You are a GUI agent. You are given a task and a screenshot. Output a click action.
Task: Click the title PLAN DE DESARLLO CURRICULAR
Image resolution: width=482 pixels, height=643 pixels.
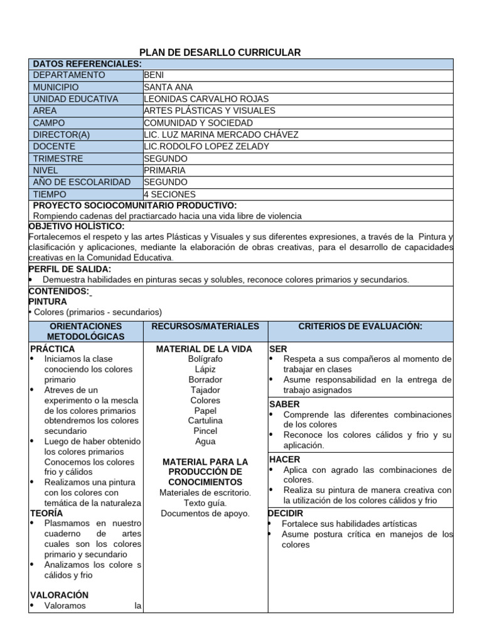(x=220, y=52)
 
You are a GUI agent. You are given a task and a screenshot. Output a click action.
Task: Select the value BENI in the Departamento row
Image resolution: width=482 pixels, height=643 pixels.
(x=154, y=75)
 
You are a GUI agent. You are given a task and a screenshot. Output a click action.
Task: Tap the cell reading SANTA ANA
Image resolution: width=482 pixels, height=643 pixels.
(x=168, y=87)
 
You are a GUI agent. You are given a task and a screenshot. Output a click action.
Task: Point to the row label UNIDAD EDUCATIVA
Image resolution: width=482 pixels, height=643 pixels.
(x=75, y=99)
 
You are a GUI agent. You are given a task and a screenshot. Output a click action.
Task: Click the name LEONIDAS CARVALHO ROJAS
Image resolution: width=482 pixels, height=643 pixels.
(x=206, y=99)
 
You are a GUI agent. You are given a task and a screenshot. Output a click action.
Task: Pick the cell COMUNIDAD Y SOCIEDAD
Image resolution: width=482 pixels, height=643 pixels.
(x=198, y=123)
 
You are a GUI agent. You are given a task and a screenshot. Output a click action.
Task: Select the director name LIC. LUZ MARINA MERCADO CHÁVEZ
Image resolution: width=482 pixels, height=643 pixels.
(x=221, y=135)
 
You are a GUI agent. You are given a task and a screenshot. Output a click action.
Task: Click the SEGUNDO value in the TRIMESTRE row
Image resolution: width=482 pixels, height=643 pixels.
(x=165, y=159)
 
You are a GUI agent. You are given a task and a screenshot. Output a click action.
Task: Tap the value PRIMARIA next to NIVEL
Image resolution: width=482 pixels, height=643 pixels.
(x=164, y=171)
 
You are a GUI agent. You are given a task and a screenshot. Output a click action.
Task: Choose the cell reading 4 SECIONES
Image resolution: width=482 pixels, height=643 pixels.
(x=169, y=195)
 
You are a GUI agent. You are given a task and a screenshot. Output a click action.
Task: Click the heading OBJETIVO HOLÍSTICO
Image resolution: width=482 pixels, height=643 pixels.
(x=77, y=226)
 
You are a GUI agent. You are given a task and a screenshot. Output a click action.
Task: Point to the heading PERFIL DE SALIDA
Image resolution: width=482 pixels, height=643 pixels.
(x=70, y=269)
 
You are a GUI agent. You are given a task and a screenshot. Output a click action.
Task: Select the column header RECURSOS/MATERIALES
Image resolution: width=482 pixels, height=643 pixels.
(x=205, y=327)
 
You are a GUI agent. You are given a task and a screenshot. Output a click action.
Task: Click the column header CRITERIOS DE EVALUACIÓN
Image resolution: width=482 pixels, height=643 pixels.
(x=360, y=327)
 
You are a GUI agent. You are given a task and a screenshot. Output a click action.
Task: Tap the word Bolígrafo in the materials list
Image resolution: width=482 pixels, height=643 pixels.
(x=205, y=359)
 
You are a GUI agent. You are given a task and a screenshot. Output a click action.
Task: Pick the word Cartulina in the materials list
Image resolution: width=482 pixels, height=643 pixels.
(x=205, y=421)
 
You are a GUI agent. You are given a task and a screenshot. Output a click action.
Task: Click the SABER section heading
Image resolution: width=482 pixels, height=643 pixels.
(x=284, y=404)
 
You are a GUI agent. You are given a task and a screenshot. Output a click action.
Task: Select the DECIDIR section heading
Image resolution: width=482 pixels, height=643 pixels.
(x=286, y=514)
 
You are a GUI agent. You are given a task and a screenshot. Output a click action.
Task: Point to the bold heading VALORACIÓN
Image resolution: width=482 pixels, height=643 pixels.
(x=60, y=595)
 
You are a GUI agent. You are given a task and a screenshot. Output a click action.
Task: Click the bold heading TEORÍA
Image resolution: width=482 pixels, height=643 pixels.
(x=46, y=513)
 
